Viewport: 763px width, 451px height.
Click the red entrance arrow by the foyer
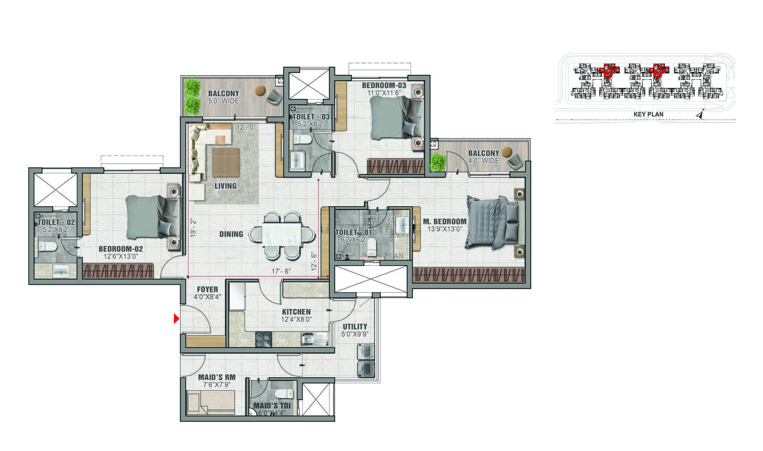pos(177,319)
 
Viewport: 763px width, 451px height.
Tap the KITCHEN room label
pos(296,312)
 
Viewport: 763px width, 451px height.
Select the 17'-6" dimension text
pos(281,271)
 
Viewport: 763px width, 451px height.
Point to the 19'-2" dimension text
pos(193,228)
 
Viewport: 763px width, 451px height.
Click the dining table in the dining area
pos(282,235)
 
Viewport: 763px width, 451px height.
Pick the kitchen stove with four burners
pos(263,340)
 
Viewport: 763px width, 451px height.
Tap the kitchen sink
pos(307,339)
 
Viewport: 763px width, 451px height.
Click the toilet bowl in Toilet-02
pos(47,247)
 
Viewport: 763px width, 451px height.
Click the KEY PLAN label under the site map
pos(648,114)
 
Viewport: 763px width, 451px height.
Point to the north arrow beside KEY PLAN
pos(701,114)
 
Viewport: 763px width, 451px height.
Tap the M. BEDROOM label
pos(444,222)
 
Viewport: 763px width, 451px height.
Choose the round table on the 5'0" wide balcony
pos(260,90)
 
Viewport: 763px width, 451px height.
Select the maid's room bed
pos(211,402)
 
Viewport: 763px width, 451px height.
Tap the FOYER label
pos(207,289)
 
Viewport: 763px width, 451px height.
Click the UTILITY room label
pos(355,326)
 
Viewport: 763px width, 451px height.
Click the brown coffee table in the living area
pos(226,162)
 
